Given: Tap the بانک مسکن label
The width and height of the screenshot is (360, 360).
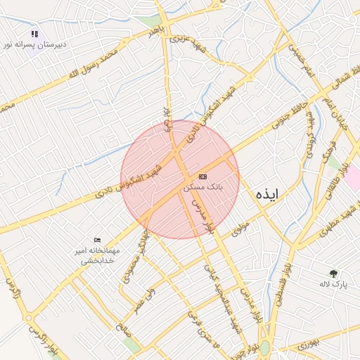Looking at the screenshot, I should pyautogui.click(x=202, y=188).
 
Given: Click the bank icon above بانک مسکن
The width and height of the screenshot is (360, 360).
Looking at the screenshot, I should pyautogui.click(x=202, y=176).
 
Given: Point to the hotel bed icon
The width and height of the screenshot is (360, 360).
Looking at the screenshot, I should pyautogui.click(x=97, y=240).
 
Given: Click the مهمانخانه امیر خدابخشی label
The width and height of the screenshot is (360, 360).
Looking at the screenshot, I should pyautogui.click(x=98, y=255).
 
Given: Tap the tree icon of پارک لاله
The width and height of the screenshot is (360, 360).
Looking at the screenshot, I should pyautogui.click(x=333, y=273).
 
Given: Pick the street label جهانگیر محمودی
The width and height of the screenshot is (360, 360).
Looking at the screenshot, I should pyautogui.click(x=135, y=256).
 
